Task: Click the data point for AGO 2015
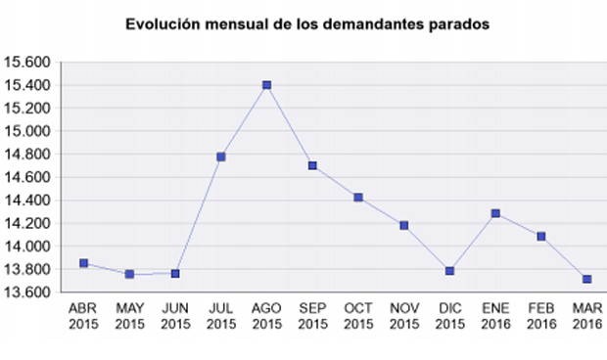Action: click(266, 85)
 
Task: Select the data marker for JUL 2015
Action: click(221, 157)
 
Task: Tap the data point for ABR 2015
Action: click(84, 263)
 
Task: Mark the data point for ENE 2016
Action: click(495, 213)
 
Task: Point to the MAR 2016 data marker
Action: click(586, 280)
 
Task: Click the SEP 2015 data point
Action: click(312, 166)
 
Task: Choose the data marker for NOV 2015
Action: click(403, 225)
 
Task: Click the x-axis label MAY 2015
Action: click(130, 316)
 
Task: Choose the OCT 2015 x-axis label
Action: click(358, 316)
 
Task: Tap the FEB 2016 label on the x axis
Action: click(541, 316)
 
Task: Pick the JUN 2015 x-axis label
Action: click(175, 316)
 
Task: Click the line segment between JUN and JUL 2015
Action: click(199, 214)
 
